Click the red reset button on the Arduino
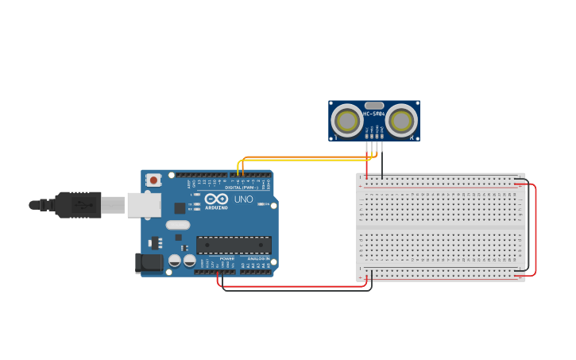(153, 180)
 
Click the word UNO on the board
(243, 199)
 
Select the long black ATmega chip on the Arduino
(234, 245)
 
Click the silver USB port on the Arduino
(144, 205)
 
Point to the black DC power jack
(148, 263)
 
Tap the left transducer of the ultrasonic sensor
(347, 121)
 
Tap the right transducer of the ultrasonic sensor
(401, 121)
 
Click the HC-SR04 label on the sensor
(374, 114)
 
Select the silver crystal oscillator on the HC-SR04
(374, 105)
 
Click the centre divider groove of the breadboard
(441, 227)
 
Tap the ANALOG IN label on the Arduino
(258, 258)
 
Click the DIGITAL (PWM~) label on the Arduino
(242, 187)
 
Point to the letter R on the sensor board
(412, 137)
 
